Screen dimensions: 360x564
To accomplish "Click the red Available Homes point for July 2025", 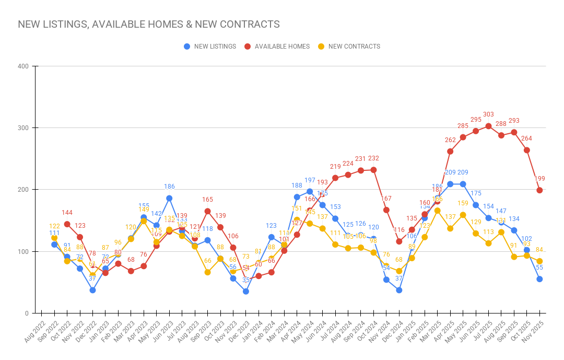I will [488, 126].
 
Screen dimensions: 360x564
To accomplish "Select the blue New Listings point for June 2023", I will [169, 198].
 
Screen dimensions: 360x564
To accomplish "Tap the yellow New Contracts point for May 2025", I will [463, 215].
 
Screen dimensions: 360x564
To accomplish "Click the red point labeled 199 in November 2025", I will [539, 190].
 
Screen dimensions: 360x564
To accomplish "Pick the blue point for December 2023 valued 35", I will [245, 292].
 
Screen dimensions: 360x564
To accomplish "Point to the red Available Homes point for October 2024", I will [373, 170].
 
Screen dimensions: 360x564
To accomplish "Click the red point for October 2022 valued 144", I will [67, 224].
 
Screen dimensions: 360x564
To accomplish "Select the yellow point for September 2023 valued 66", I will [207, 272].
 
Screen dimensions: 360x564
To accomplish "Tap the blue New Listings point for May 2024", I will [310, 191].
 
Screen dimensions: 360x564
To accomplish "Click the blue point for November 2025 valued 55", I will [539, 279].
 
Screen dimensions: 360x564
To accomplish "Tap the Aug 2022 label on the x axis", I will [33, 332].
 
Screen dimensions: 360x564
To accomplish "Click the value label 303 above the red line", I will [488, 114].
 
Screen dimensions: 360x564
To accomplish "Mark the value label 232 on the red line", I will [373, 158].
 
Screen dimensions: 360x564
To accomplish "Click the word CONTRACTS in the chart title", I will [249, 25].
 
